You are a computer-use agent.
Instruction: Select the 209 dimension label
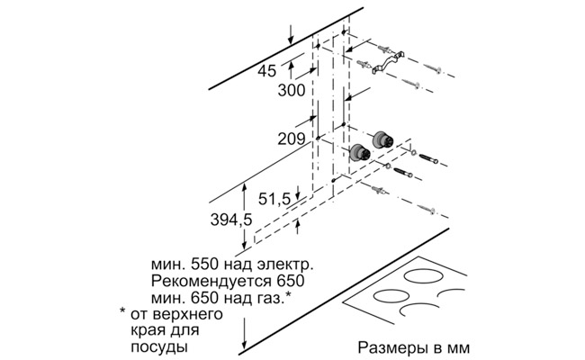coord(291,139)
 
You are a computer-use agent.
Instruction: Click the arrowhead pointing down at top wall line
coord(291,38)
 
